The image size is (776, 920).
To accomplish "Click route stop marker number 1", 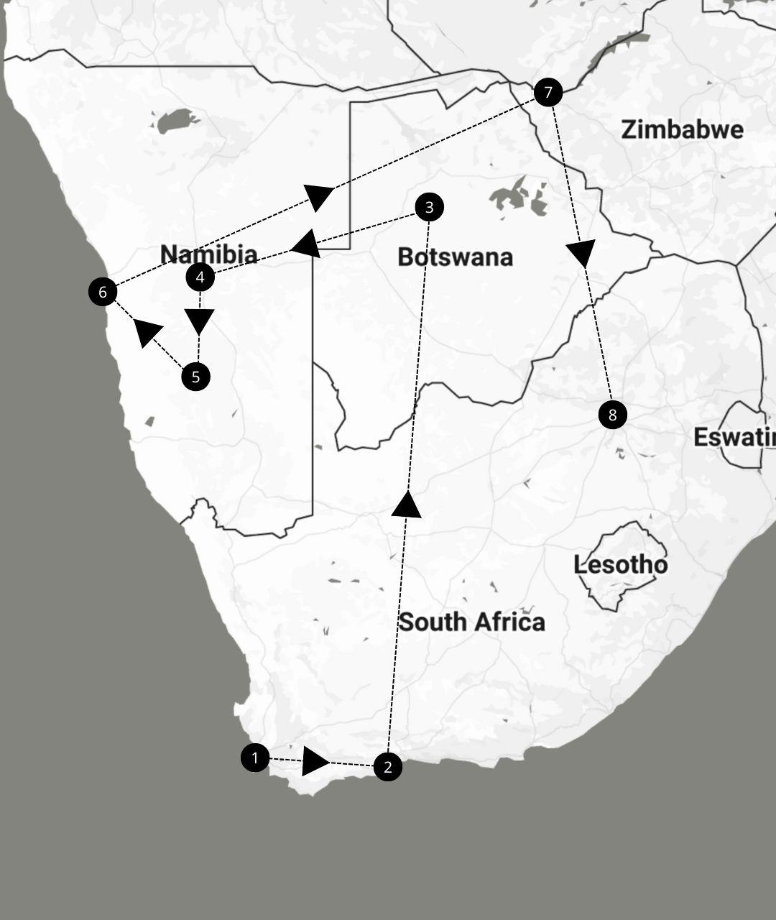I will pos(255,758).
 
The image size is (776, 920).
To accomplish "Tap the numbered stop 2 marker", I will pos(388,767).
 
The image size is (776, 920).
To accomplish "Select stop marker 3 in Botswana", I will pos(430,208).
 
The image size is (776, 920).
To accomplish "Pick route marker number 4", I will pos(200,277).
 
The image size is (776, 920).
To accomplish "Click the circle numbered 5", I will pos(195,377).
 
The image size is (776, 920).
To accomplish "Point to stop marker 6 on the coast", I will pos(103,292).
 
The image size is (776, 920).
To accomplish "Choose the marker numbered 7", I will pos(548,92).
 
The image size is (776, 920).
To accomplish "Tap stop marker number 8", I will pos(612,415).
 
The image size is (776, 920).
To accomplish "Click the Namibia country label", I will pos(208,254).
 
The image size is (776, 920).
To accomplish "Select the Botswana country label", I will pos(455,257).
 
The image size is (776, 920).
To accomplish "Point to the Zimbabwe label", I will pos(682,130).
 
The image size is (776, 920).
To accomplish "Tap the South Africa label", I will pos(471,622).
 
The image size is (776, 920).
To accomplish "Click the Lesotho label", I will pos(620,565).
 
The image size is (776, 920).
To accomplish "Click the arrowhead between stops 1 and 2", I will pos(314,761).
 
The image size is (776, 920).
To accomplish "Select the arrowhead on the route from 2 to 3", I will pos(407,505).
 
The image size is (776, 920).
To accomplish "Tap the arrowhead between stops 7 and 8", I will pos(581,253).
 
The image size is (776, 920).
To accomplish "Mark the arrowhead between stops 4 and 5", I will pos(199,321).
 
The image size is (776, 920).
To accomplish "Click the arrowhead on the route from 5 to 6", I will pos(147,332).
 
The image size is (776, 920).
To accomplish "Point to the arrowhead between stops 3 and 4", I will pos(307,244).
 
